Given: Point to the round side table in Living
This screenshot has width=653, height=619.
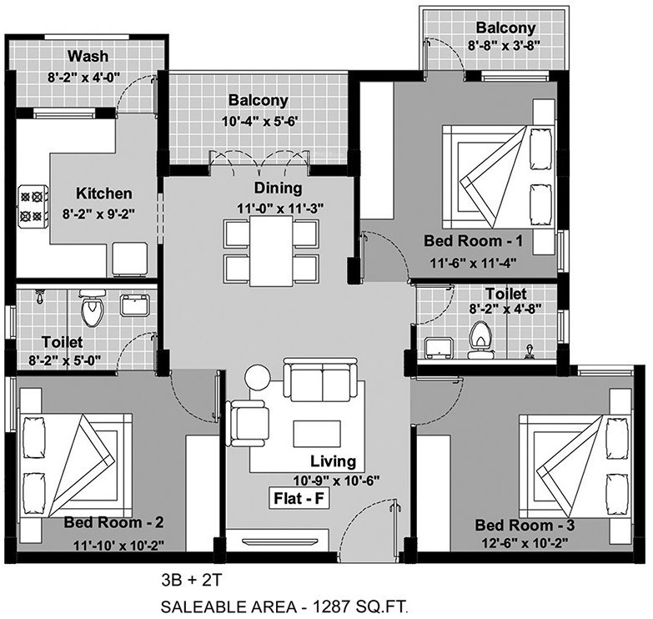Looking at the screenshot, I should tap(257, 378).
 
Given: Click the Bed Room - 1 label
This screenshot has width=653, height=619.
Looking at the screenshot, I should tap(473, 242).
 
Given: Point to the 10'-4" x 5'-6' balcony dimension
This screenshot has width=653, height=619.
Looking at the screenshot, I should tap(258, 121).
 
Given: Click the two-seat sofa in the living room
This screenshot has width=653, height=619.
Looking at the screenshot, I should tap(323, 380).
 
